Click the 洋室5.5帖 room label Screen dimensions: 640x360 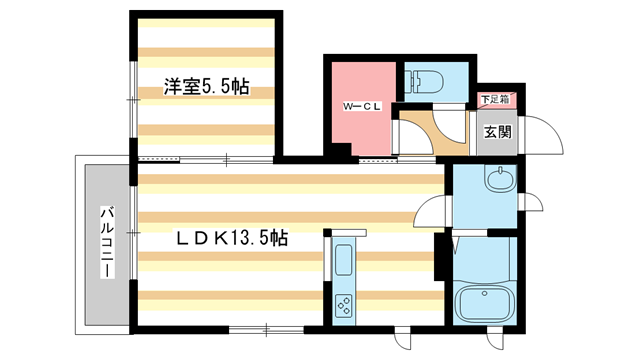coord(206,88)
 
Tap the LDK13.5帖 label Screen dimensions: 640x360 coord(233,239)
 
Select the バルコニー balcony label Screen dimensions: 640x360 coord(104,246)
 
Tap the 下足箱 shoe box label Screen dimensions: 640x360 coord(494,99)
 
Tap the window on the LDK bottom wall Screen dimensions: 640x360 coord(266,328)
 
